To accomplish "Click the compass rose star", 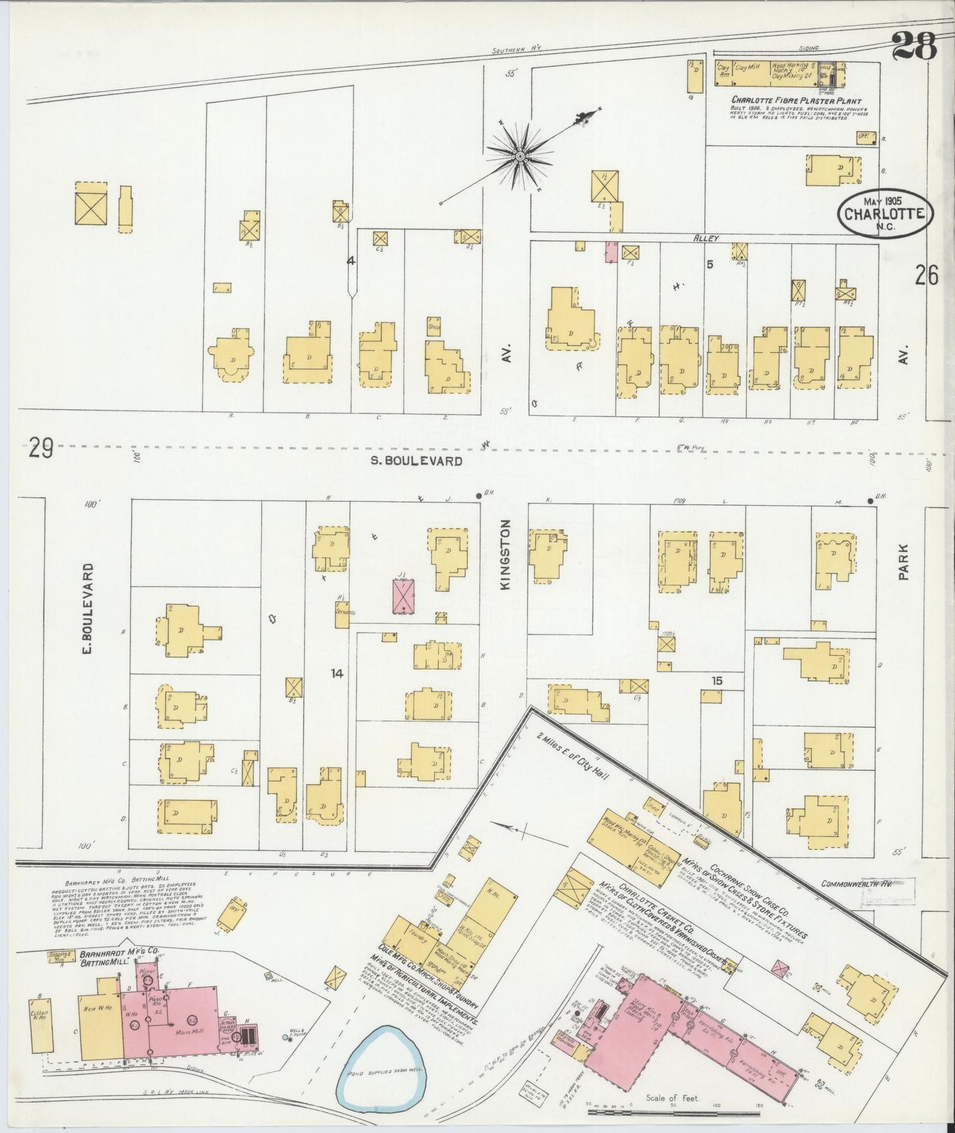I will click(520, 156).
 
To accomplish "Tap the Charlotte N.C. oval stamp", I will click(885, 213).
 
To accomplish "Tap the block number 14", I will click(337, 674).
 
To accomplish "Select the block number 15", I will click(717, 680).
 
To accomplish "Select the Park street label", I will click(903, 562).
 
